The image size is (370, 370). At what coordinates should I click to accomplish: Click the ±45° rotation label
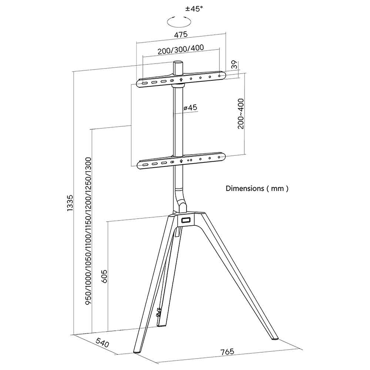[194, 9]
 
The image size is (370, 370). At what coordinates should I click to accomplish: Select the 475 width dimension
[181, 34]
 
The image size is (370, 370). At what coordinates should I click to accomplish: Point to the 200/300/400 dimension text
[181, 49]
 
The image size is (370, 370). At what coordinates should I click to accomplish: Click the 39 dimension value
[234, 65]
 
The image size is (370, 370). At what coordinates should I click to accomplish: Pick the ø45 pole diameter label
[190, 108]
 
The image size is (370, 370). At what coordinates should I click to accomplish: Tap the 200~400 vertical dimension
[241, 114]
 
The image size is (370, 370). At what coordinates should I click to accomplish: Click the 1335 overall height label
[70, 203]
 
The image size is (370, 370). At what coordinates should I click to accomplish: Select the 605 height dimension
[104, 276]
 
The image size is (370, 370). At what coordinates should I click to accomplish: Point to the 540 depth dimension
[102, 342]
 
